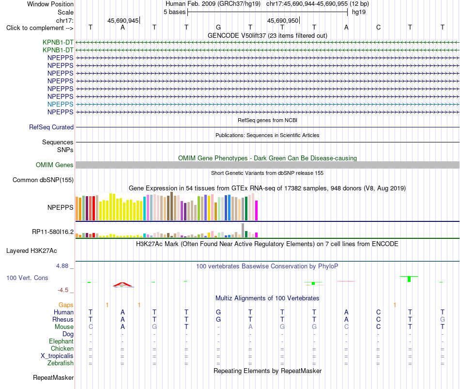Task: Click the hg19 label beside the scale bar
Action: click(x=358, y=12)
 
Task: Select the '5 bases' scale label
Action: click(x=174, y=12)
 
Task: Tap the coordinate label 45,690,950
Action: click(x=282, y=20)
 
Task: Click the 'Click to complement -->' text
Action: click(x=40, y=28)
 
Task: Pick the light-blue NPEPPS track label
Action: click(x=61, y=104)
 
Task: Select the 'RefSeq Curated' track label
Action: click(x=51, y=127)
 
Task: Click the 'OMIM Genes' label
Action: click(x=55, y=165)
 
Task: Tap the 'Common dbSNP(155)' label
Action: click(x=43, y=180)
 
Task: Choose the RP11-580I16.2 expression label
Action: click(x=53, y=232)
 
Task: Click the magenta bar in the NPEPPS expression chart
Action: click(x=257, y=211)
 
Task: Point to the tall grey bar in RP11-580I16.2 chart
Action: click(x=243, y=231)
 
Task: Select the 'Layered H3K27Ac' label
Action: click(x=31, y=251)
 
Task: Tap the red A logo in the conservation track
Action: click(x=123, y=284)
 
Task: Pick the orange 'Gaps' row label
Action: click(x=66, y=305)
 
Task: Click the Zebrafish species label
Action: click(x=61, y=363)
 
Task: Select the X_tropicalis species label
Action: click(x=57, y=356)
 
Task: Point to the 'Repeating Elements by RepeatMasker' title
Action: click(x=268, y=371)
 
